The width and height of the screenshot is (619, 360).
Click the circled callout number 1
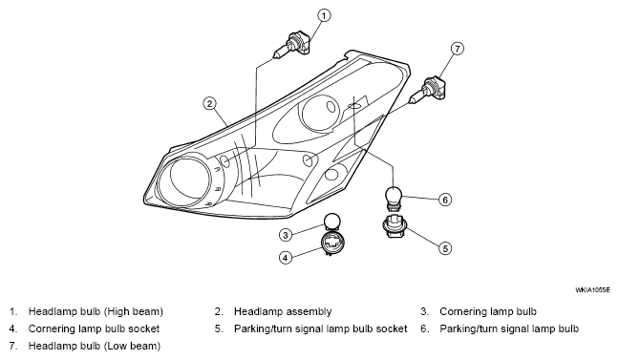pyautogui.click(x=324, y=16)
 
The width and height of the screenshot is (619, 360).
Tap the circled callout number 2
pyautogui.click(x=209, y=104)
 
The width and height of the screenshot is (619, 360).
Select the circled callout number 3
pyautogui.click(x=286, y=235)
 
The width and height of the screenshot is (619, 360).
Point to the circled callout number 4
pyautogui.click(x=286, y=258)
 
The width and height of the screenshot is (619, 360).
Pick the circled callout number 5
pyautogui.click(x=445, y=248)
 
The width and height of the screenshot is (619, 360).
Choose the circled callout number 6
pyautogui.click(x=445, y=200)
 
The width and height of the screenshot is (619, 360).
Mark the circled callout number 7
pyautogui.click(x=458, y=49)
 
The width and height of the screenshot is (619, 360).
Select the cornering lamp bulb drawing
pyautogui.click(x=331, y=222)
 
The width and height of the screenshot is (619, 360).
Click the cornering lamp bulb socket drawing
pyautogui.click(x=331, y=243)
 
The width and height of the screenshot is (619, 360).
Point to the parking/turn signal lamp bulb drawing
pyautogui.click(x=394, y=197)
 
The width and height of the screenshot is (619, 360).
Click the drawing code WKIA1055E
pyautogui.click(x=592, y=290)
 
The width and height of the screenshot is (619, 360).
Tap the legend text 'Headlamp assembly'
pyautogui.click(x=283, y=312)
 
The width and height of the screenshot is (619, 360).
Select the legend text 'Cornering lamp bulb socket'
pyautogui.click(x=94, y=328)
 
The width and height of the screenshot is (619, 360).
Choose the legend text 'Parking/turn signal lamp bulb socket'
pyautogui.click(x=321, y=328)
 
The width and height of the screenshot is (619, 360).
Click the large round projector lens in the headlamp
pyautogui.click(x=185, y=182)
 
